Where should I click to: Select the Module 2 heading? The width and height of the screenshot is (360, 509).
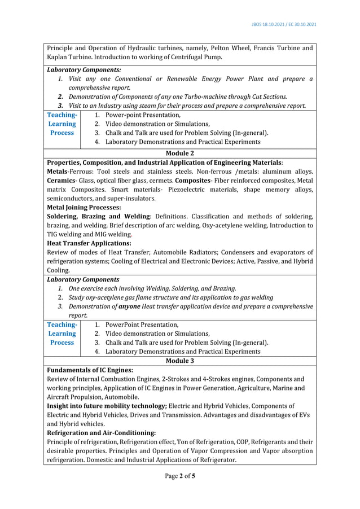tap(180, 153)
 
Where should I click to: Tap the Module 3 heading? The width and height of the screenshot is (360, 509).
tap(180, 361)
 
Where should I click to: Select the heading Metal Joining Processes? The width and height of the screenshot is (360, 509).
tap(84, 208)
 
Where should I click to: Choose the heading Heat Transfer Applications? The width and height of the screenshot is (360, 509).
tap(89, 243)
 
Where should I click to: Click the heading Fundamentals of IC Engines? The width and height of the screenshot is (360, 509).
tap(90, 370)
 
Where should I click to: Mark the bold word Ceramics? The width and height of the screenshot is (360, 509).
tap(63, 181)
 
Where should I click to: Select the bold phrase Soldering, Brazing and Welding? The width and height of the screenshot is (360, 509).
tap(99, 217)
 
